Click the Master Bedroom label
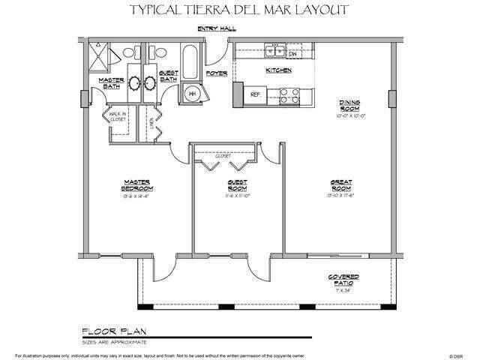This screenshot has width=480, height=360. pyautogui.click(x=136, y=185)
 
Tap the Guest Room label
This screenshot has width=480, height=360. pyautogui.click(x=238, y=185)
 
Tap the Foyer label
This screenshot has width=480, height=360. pyautogui.click(x=217, y=73)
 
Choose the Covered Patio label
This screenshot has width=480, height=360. pyautogui.click(x=344, y=279)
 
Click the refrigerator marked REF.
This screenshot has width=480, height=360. pyautogui.click(x=255, y=94)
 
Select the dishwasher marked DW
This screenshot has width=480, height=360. pyautogui.click(x=293, y=54)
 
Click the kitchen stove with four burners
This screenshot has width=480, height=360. pyautogui.click(x=289, y=94)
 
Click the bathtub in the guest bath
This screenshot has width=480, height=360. pyautogui.click(x=190, y=61)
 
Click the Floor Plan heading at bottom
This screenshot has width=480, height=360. pyautogui.click(x=109, y=329)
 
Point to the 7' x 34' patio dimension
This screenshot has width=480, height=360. pyautogui.click(x=344, y=289)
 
